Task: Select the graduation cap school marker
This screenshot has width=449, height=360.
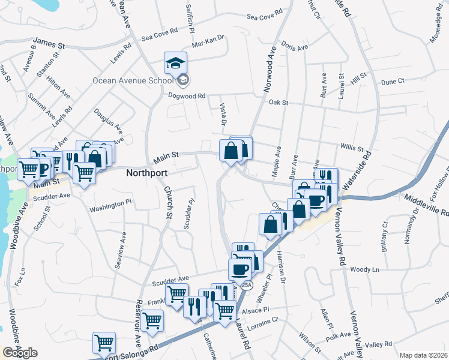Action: point(176,63)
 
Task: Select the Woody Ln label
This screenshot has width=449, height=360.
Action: point(366,270)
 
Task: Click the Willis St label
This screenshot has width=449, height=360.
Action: point(352,147)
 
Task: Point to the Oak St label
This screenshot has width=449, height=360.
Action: point(279,103)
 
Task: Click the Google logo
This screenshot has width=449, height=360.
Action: point(20,352)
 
